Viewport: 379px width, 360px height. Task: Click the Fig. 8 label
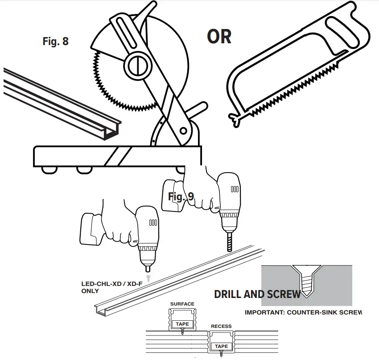(56, 41)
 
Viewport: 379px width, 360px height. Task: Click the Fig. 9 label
(181, 196)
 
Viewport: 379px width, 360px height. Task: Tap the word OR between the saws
(219, 37)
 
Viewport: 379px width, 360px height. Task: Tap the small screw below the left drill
(148, 277)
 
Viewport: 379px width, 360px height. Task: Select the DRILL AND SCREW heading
(258, 294)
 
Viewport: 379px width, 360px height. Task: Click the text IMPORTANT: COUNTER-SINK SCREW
(303, 312)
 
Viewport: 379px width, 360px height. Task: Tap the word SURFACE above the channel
(182, 304)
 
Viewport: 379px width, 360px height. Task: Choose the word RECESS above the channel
(221, 327)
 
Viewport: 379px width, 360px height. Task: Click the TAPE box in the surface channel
(182, 324)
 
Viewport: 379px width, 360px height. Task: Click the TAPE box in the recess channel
(221, 346)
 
